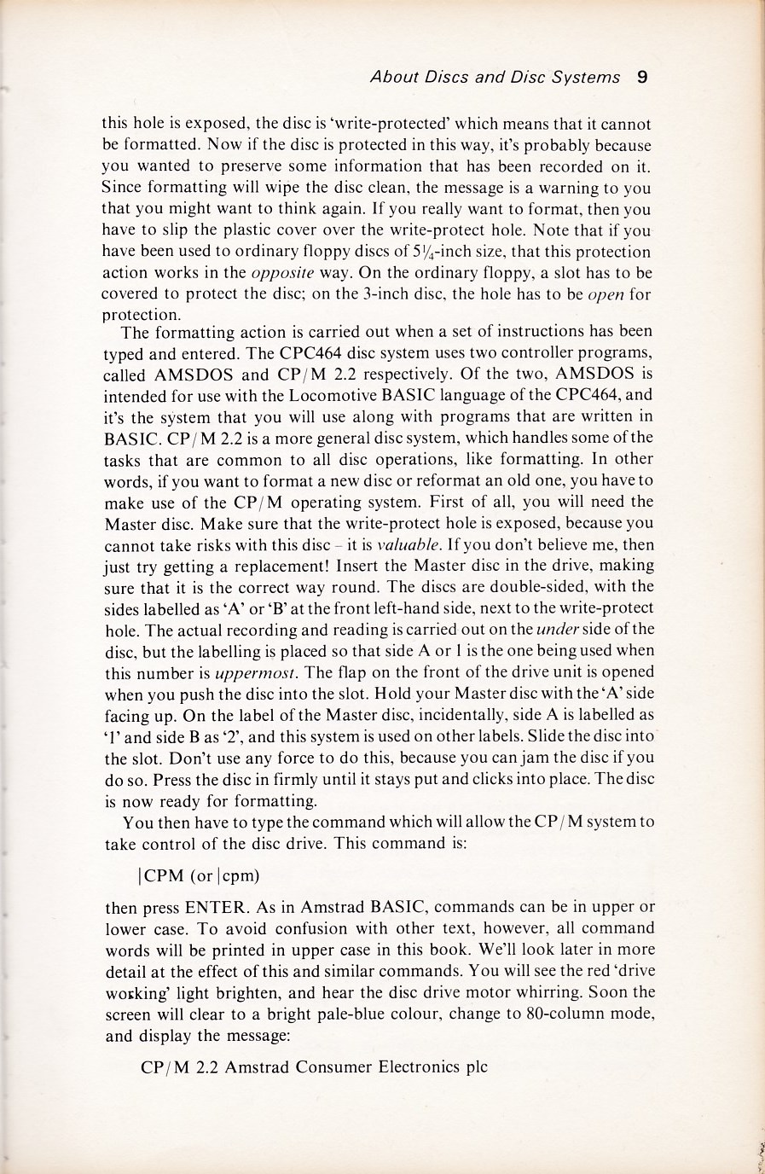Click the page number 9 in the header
tap(642, 77)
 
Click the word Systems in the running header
tap(584, 78)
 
